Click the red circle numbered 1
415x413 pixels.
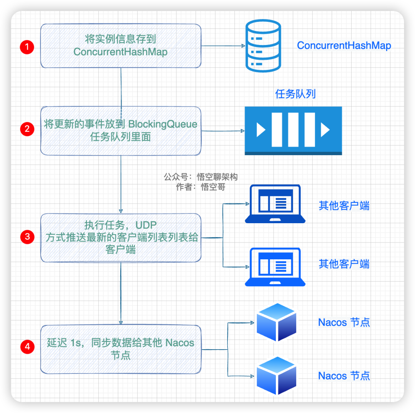(27, 47)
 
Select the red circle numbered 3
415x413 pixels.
(27, 237)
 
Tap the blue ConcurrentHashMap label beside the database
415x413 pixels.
(344, 46)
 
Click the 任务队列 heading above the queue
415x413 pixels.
(295, 94)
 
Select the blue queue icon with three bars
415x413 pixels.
(293, 131)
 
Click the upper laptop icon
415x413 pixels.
(275, 204)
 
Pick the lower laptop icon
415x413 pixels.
(275, 267)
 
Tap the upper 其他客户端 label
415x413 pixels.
(344, 206)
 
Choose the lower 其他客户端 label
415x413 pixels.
(344, 264)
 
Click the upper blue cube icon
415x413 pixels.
(277, 322)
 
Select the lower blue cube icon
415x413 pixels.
(277, 376)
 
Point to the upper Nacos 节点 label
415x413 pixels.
(344, 322)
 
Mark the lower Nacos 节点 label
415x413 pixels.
(344, 376)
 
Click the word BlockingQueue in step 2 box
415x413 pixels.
(163, 124)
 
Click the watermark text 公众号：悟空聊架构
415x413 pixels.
(201, 177)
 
